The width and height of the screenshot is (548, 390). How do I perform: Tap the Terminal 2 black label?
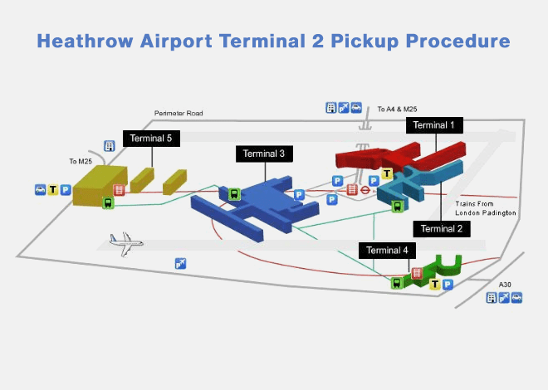click(x=443, y=228)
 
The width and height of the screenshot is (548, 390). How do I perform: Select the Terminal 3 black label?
click(x=265, y=154)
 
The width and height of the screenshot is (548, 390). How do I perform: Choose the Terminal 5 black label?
click(x=151, y=139)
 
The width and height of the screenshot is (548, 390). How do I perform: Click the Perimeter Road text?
click(x=179, y=114)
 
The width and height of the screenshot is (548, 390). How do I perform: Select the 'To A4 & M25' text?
click(x=397, y=109)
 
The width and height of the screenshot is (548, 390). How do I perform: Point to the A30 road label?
click(x=505, y=285)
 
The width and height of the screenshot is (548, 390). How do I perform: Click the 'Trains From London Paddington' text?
click(x=486, y=208)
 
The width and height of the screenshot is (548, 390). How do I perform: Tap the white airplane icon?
click(x=126, y=242)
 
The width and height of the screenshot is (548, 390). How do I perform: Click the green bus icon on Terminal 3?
click(x=234, y=195)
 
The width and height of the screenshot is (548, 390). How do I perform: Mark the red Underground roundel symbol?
click(x=365, y=189)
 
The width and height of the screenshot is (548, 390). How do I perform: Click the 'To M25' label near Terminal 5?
click(x=81, y=162)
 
